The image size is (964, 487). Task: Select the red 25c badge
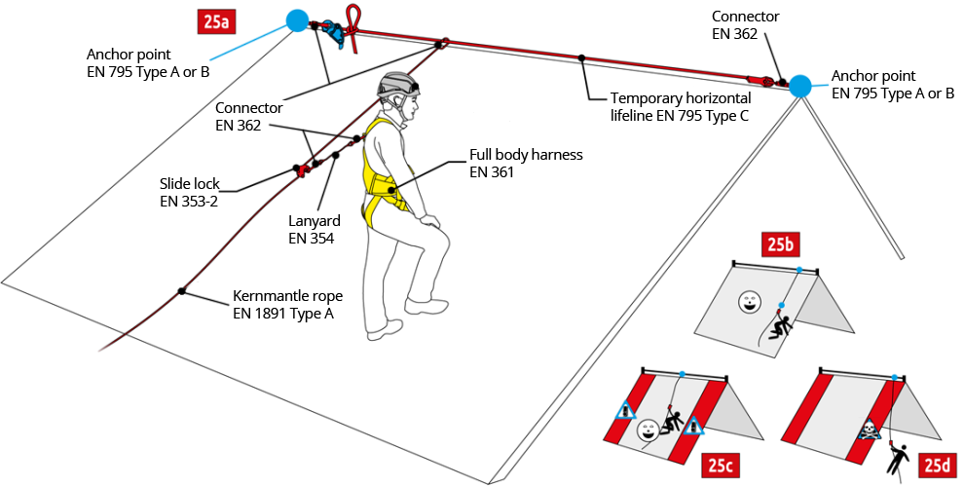coord(720,466)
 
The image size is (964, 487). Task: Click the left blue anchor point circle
coord(297,19)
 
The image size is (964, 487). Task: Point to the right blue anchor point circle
coord(799,86)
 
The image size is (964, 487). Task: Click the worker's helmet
coord(398,87)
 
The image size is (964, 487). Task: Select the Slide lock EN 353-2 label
coord(191,191)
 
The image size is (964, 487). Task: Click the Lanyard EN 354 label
coord(312,228)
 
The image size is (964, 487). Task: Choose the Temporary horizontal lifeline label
coord(681,107)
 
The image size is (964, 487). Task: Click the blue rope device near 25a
coord(334,34)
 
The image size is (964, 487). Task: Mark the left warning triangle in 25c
coord(625,411)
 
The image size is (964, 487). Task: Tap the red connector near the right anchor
coord(759,80)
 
